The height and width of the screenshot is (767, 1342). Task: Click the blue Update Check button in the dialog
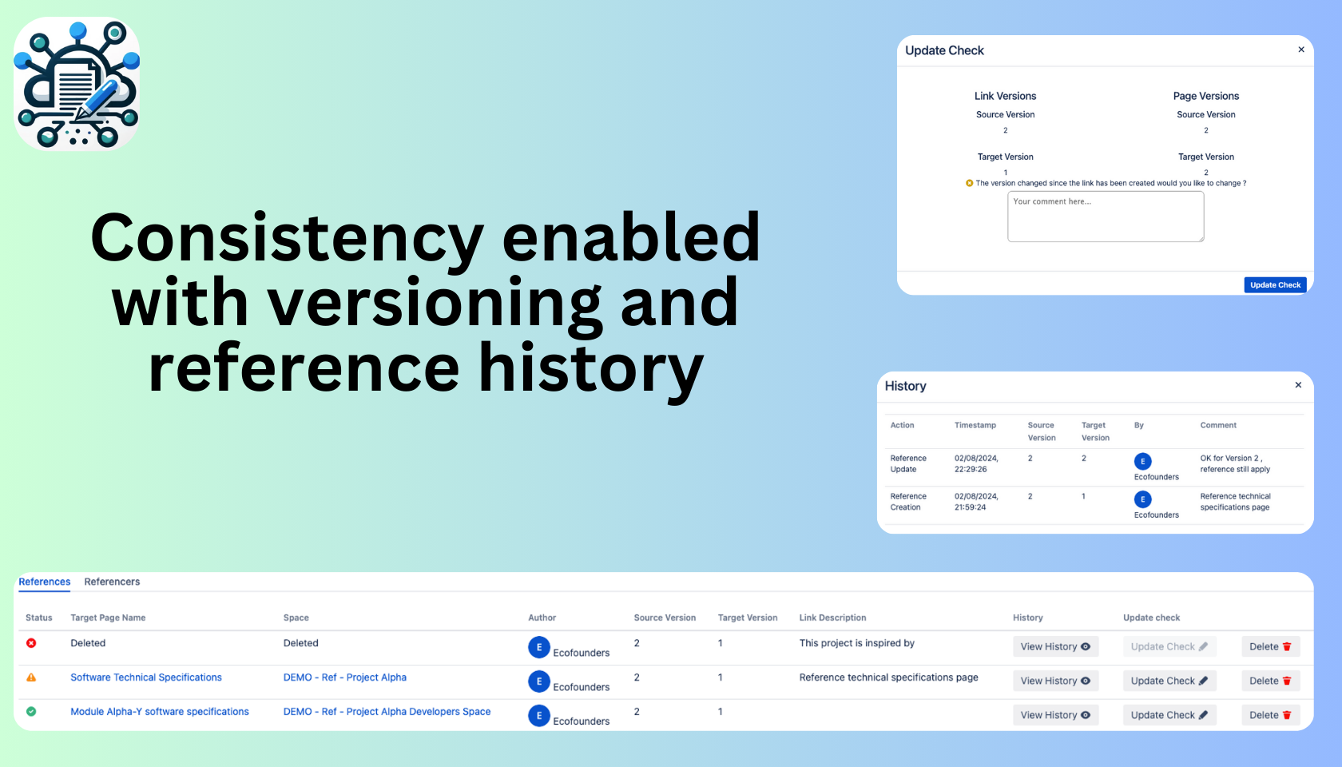tap(1275, 284)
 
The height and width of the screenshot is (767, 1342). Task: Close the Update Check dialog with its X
tap(1301, 50)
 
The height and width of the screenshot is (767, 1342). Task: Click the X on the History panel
tap(1298, 385)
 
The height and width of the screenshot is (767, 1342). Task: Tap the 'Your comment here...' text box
tap(1106, 217)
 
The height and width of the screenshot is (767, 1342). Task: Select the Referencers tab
tap(112, 582)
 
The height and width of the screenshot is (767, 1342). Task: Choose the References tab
tap(45, 582)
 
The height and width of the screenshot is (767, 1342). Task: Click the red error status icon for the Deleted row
tap(31, 643)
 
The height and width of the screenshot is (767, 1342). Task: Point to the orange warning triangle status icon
tap(31, 678)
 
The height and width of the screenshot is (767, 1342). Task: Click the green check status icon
tap(31, 711)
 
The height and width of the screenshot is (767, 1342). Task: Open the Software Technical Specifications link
tap(146, 678)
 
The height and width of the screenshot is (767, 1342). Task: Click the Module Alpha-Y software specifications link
tap(160, 711)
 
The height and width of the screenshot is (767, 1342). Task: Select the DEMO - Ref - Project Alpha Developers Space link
tap(387, 711)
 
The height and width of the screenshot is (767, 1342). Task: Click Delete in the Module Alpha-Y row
tap(1271, 715)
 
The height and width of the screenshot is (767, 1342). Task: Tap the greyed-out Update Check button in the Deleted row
tap(1169, 646)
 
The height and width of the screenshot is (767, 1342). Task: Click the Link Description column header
tap(832, 617)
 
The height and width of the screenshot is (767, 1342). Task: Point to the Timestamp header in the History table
tap(975, 425)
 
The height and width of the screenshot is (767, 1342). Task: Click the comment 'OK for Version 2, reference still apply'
tap(1235, 463)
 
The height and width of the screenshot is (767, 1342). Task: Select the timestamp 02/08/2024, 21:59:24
tap(976, 502)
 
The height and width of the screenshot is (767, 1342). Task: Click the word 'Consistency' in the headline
tap(287, 238)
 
